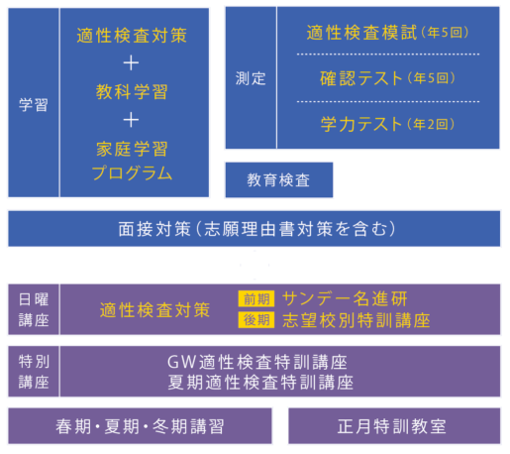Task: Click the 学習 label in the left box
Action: click(33, 103)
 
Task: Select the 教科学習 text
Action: click(132, 92)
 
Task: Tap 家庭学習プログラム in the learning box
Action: click(132, 162)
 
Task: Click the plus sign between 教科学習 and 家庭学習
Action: click(132, 120)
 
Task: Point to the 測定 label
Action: click(251, 78)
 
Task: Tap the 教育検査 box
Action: click(278, 180)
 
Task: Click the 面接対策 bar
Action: click(255, 228)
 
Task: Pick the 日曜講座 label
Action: click(34, 308)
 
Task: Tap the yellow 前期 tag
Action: click(255, 298)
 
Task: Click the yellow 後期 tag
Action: click(255, 320)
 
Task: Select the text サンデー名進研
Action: click(344, 298)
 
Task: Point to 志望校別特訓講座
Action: click(356, 320)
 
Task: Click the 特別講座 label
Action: click(34, 371)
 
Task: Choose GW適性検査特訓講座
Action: click(260, 361)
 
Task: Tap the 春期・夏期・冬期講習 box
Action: click(140, 426)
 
